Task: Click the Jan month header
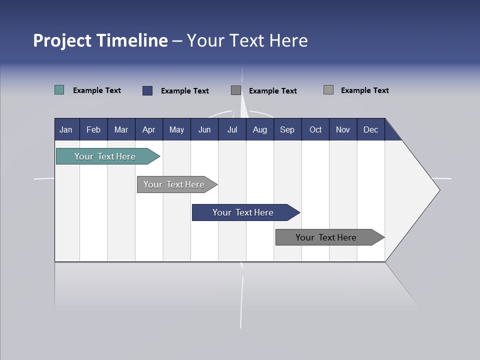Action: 66,129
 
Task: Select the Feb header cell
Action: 93,129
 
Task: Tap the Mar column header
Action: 121,129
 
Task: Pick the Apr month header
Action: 149,129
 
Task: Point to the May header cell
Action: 176,129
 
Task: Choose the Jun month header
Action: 204,129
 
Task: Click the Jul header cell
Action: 232,129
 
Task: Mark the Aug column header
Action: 260,129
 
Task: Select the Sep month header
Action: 287,129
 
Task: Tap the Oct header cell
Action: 315,129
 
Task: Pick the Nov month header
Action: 343,129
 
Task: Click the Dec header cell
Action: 371,129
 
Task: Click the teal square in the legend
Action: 59,90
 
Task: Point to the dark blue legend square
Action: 147,90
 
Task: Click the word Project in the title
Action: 62,40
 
